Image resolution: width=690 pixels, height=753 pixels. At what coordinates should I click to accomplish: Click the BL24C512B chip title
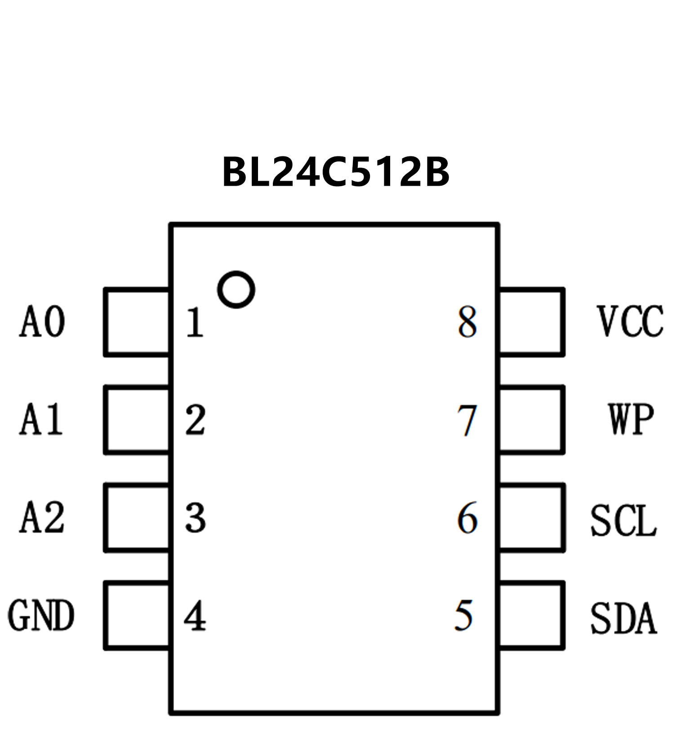coord(336,172)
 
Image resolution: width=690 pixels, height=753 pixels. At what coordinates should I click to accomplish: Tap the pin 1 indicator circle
coord(236,290)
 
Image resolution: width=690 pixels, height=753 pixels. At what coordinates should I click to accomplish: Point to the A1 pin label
coord(41,419)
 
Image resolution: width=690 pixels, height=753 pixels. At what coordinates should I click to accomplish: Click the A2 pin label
coord(42,518)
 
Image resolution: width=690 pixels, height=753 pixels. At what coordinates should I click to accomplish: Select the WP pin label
coord(631,419)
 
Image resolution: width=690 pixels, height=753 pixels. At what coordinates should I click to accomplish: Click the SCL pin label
coord(623,521)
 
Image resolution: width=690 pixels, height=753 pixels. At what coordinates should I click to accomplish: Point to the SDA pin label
coord(623,618)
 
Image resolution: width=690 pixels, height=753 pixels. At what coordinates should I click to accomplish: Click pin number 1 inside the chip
coord(195,322)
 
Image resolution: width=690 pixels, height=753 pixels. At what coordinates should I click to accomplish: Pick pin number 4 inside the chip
coord(195,616)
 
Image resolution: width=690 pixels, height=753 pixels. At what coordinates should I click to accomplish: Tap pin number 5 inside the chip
coord(464,615)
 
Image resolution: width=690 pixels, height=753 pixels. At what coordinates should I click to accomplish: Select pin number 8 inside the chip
coord(467,322)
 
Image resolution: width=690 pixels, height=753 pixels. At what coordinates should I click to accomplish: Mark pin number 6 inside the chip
coord(467,518)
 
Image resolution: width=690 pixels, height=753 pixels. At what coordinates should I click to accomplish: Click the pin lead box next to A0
coord(137,322)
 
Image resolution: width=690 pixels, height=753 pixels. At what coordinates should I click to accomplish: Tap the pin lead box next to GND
coord(137,616)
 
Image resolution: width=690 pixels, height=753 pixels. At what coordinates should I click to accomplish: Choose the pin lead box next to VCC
coord(531,322)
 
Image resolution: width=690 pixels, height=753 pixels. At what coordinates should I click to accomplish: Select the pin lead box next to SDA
coord(531,616)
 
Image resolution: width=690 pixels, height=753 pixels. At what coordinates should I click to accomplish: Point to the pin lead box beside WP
coord(531,420)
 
